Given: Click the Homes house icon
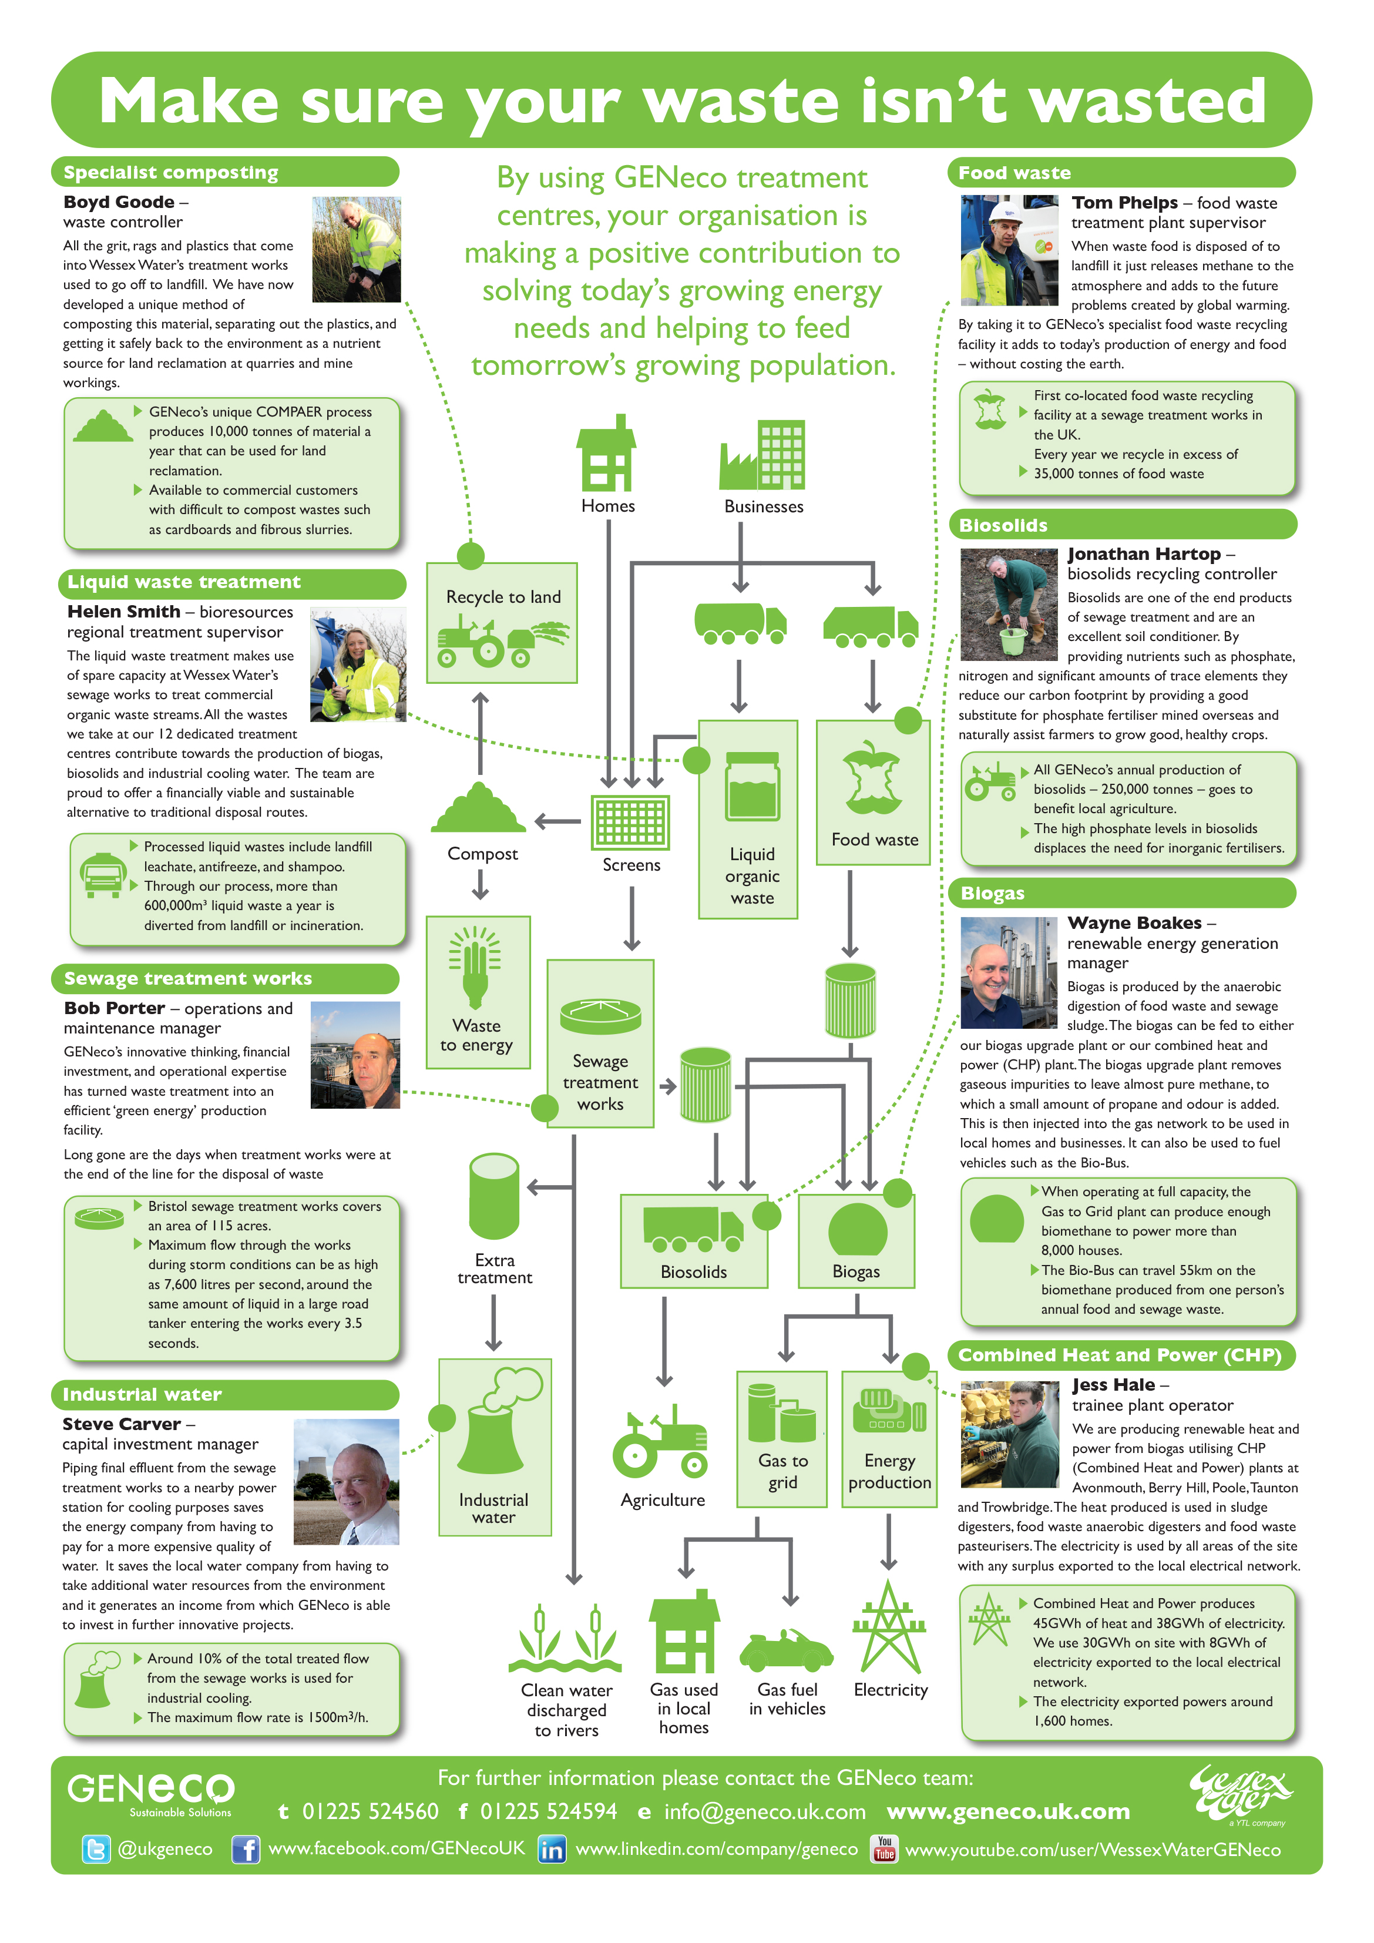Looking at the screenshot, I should (x=606, y=454).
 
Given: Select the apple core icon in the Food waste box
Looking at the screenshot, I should (x=872, y=778).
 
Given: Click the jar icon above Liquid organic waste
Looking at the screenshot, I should (x=752, y=787).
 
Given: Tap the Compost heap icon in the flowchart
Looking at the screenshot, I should (x=478, y=808).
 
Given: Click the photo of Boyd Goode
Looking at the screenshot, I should (x=356, y=250).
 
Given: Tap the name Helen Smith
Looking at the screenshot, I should (x=123, y=612).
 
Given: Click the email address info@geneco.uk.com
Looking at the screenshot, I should (x=764, y=1812).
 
